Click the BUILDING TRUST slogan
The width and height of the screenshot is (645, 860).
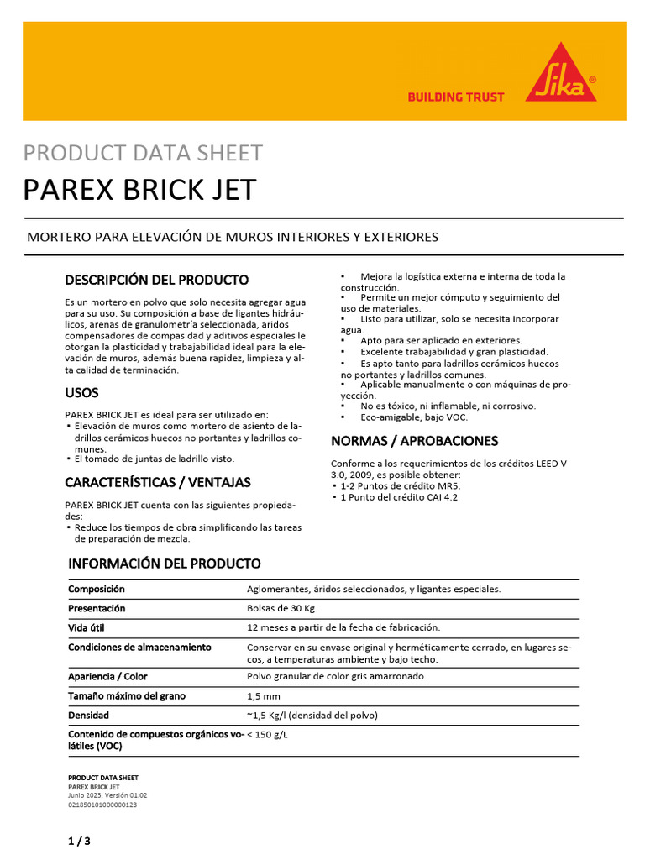[x=455, y=97]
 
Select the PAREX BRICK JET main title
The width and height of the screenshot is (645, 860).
[x=139, y=190]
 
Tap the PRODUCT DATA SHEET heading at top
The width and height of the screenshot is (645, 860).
[x=143, y=153]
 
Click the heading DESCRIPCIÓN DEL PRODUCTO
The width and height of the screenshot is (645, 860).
[x=157, y=279]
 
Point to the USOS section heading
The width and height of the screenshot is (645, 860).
[x=81, y=392]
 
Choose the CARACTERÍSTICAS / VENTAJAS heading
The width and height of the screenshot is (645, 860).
[x=158, y=482]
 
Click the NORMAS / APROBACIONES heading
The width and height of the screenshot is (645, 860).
[x=414, y=441]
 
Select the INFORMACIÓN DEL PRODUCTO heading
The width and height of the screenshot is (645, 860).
[x=164, y=564]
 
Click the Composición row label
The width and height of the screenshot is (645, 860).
[x=97, y=590]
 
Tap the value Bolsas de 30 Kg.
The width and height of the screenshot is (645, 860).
[x=282, y=608]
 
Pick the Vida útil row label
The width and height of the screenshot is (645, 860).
[x=87, y=627]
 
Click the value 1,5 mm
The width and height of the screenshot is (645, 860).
[x=264, y=696]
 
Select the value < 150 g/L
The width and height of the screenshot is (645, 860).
[x=267, y=734]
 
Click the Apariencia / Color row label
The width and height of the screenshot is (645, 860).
[x=107, y=676]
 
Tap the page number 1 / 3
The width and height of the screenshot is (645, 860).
[x=78, y=841]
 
